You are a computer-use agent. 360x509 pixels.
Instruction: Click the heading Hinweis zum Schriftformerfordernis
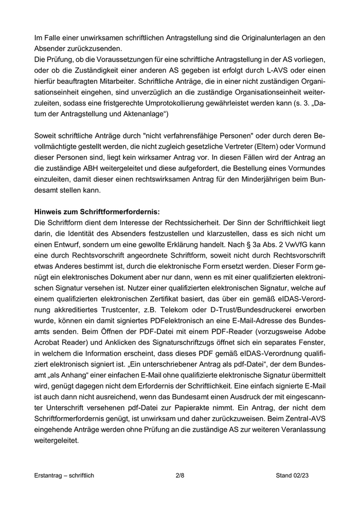(x=89, y=211)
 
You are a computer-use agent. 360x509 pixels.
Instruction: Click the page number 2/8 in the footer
(x=179, y=476)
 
